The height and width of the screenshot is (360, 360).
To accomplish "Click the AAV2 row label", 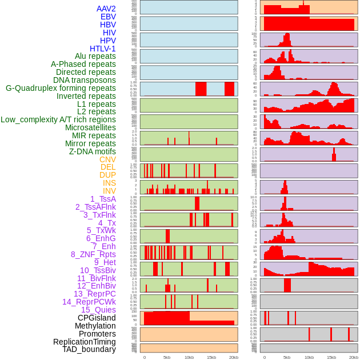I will coord(106,9).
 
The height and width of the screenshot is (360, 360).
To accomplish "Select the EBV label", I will coord(108,17).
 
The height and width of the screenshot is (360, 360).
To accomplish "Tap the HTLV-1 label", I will coord(103,49).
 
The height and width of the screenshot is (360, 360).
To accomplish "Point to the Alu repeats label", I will coord(95,56).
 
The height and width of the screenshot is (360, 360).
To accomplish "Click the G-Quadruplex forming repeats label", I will coord(61,88).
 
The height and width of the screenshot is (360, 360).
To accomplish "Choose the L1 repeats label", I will coord(97,104).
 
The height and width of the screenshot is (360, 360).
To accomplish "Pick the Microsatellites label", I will coord(90,127).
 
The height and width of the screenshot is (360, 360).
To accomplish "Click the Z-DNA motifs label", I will coord(93,151).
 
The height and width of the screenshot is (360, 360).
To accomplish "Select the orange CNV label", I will coord(107,159).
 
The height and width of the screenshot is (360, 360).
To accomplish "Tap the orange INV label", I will coord(109,191).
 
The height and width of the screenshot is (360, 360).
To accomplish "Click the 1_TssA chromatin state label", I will coord(103,199).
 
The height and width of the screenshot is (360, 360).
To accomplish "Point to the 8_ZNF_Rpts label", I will coord(93,254).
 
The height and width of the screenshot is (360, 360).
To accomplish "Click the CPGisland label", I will coord(97,318).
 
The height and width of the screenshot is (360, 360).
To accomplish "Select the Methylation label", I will coord(95,326).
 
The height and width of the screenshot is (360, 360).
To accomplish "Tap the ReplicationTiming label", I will coord(85,342).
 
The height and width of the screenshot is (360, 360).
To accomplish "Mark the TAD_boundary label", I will coord(89,349).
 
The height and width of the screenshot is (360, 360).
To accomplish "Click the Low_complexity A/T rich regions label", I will coord(58,119).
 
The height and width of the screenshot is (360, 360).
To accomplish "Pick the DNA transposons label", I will coord(85,80).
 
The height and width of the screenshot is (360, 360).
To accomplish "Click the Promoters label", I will coord(97,334).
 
